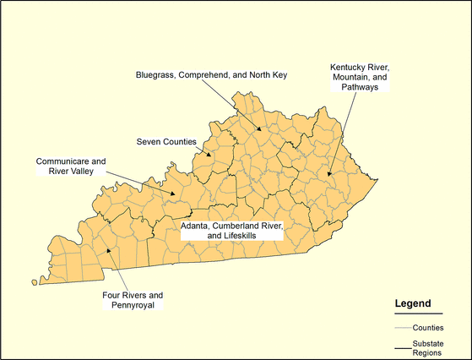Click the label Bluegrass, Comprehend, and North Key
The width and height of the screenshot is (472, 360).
[212, 75]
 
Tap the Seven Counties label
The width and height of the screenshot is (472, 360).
[166, 141]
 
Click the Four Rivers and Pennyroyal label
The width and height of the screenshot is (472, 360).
[133, 300]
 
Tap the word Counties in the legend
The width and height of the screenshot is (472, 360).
[430, 326]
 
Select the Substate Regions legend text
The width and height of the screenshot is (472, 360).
[433, 348]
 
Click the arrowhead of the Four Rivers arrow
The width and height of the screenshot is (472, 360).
[107, 250]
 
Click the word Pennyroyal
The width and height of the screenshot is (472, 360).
[133, 305]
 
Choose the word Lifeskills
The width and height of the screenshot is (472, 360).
[257, 237]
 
